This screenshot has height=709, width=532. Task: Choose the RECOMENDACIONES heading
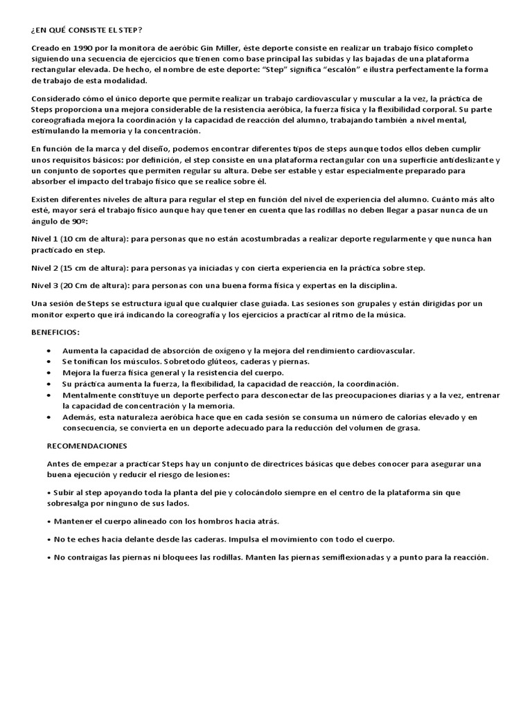(x=87, y=445)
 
